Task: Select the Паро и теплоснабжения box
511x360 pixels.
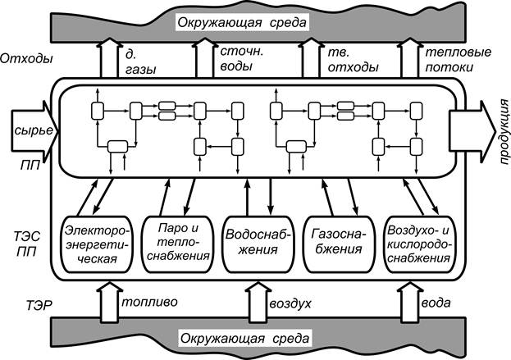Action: (x=177, y=244)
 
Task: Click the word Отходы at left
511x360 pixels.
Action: (x=27, y=58)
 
